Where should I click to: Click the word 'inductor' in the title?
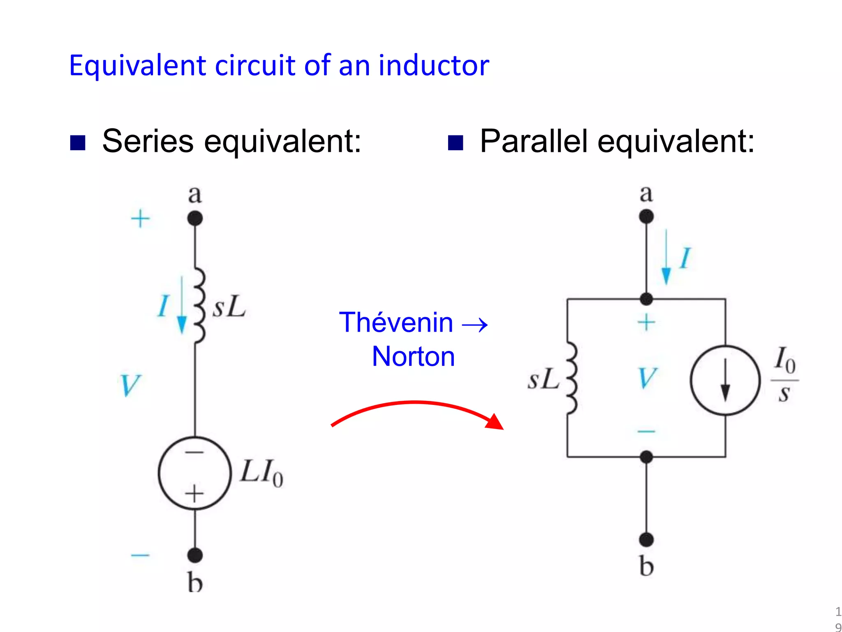[433, 65]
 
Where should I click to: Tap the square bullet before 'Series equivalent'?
[78, 143]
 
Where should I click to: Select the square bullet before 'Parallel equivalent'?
[455, 143]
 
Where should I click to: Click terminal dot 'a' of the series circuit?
[195, 218]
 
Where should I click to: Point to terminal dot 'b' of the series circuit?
[195, 555]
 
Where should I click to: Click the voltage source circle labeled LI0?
[195, 473]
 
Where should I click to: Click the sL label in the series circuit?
[229, 307]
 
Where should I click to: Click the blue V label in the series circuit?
[130, 385]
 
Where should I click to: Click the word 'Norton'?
[413, 356]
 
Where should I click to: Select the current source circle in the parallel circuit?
[725, 380]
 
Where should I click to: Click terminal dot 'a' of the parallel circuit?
[646, 216]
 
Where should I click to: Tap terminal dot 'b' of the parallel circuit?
[646, 539]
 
